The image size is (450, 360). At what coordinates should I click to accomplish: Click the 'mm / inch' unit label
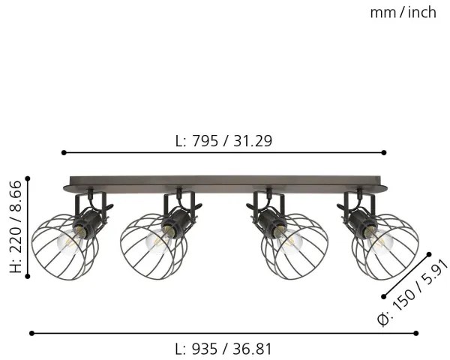pyautogui.click(x=403, y=12)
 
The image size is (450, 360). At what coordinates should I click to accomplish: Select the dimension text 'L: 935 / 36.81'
pyautogui.click(x=223, y=349)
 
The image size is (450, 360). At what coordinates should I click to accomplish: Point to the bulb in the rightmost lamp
pyautogui.click(x=381, y=241)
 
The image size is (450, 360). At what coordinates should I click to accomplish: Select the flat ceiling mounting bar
pyautogui.click(x=225, y=182)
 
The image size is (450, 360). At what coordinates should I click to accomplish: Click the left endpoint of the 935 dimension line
pyautogui.click(x=31, y=332)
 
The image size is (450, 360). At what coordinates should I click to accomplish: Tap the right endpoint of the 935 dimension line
pyautogui.click(x=417, y=332)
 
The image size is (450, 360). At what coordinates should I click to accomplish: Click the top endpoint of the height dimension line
pyautogui.click(x=28, y=178)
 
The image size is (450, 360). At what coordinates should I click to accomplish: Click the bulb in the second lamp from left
pyautogui.click(x=157, y=241)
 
